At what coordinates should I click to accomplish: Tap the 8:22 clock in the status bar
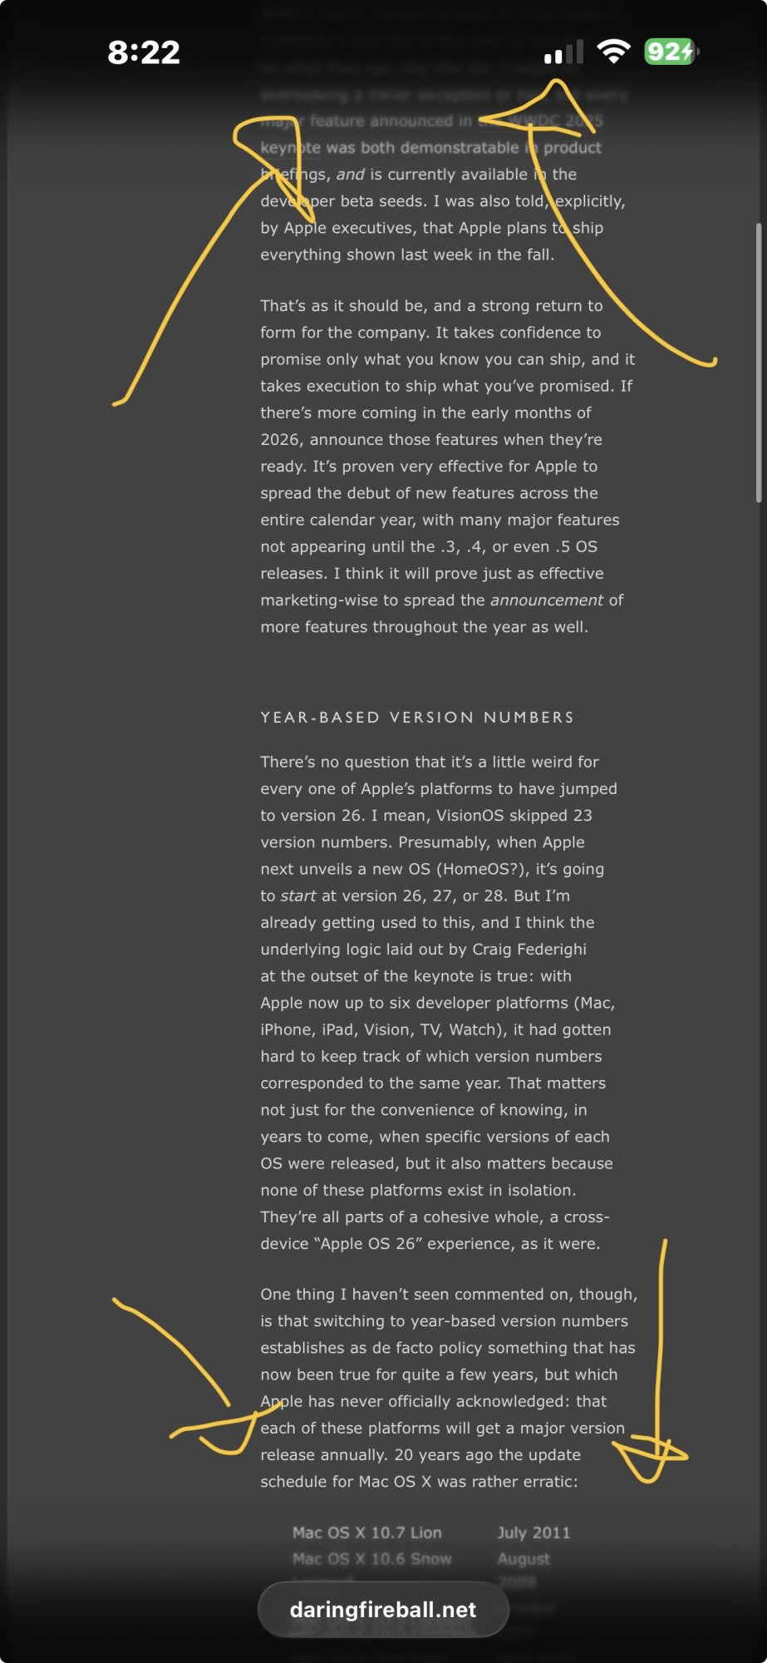point(144,52)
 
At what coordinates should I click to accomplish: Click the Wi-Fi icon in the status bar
point(613,52)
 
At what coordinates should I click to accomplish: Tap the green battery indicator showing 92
point(670,52)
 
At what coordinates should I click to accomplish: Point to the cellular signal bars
point(563,53)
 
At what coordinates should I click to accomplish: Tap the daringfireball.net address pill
point(382,1610)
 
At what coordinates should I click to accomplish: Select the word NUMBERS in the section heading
point(529,718)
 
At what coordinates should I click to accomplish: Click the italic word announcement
point(546,600)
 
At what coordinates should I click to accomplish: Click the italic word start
point(297,896)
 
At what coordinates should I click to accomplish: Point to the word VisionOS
point(470,816)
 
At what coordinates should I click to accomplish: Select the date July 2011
point(533,1532)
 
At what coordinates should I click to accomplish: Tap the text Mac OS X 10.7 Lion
point(366,1532)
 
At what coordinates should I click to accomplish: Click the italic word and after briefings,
point(351,175)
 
